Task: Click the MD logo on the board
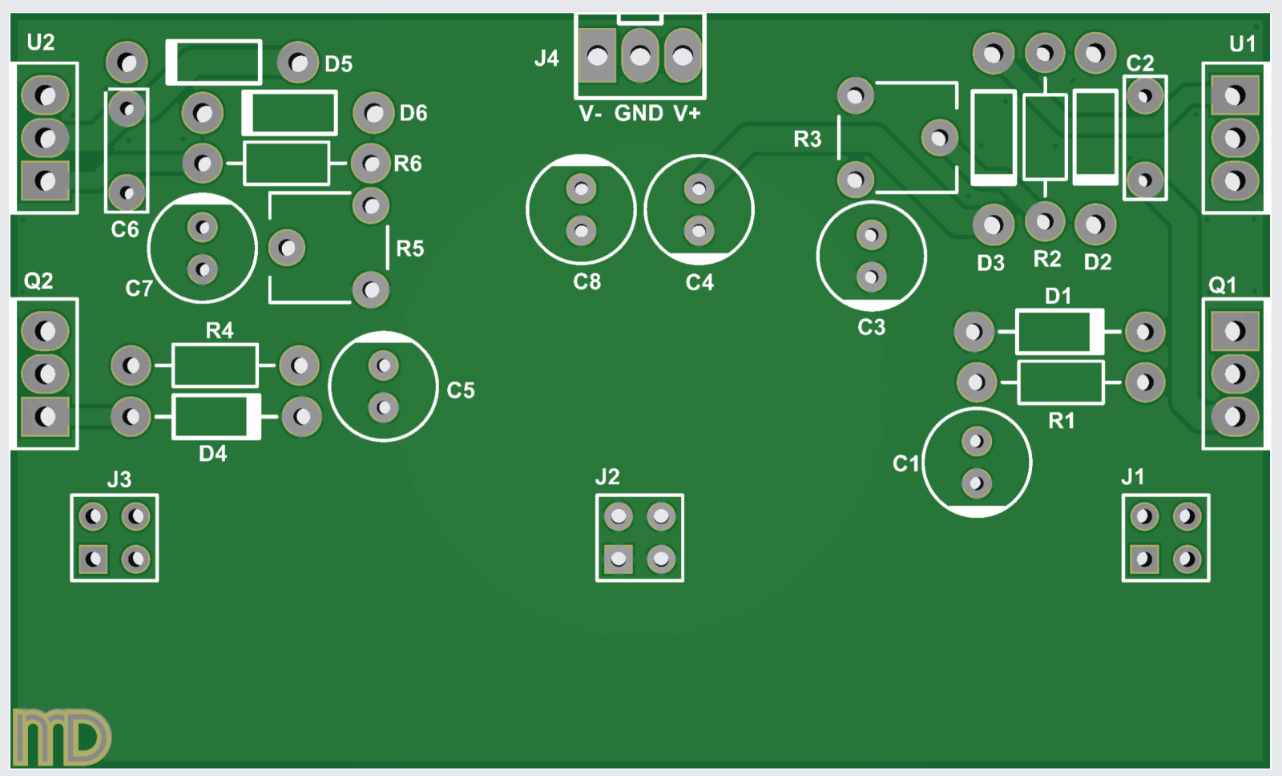coord(61,736)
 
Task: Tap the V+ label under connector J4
coord(687,113)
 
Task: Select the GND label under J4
coord(639,113)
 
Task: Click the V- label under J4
coord(591,114)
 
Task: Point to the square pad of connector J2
coord(618,559)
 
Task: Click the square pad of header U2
coord(46,180)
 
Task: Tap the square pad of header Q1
coord(1235,331)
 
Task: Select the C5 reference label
coord(461,390)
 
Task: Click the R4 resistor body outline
coord(215,366)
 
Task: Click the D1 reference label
coord(1058,296)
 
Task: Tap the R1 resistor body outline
coord(1060,382)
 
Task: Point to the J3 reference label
coord(119,479)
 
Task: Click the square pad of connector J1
coord(1144,559)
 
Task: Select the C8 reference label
coord(587,282)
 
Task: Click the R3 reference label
coord(807,139)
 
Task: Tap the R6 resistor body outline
coord(286,164)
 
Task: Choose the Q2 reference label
coord(38,281)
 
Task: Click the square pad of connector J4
coord(597,56)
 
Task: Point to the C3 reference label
coord(872,327)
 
